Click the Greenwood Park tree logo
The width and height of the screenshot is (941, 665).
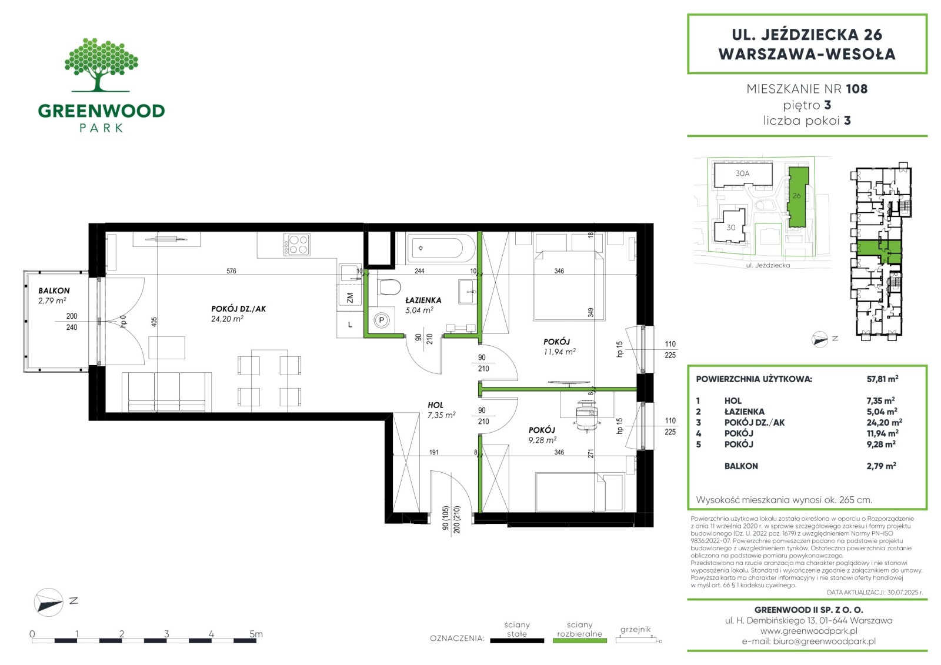pos(101,65)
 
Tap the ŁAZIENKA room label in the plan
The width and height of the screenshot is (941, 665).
pos(423,300)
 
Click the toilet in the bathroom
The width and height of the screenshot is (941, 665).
pos(389,288)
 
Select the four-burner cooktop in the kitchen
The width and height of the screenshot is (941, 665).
pos(297,245)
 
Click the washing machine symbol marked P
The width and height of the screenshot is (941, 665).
pos(382,320)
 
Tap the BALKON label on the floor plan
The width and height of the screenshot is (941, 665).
pos(54,290)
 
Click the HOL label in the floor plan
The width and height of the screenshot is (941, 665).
pos(435,405)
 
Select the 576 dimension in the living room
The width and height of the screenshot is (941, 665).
pos(231,271)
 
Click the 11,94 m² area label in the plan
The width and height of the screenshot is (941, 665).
pos(559,352)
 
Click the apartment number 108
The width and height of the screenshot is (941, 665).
pos(856,89)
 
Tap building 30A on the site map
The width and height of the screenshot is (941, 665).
pos(743,175)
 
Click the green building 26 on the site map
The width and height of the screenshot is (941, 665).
pos(797,196)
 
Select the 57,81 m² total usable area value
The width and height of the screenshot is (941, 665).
pos(882,379)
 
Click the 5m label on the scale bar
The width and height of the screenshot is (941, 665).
pos(256,633)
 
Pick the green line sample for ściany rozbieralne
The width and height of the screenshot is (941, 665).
pos(580,641)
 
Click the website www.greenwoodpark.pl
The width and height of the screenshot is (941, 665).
pos(809,630)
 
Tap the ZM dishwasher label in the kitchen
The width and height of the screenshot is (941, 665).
pos(350,298)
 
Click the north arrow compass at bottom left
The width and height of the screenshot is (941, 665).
pos(48,602)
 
